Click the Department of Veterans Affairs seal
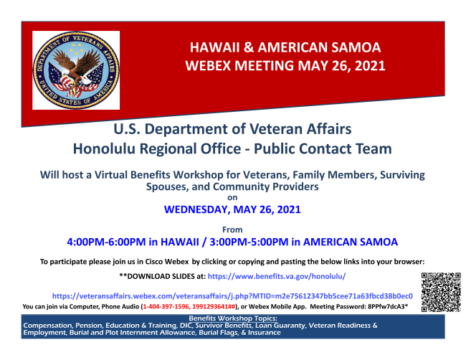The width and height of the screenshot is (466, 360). [76, 70]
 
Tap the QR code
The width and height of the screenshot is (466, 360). [441, 292]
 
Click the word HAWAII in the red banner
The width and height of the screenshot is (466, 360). [214, 47]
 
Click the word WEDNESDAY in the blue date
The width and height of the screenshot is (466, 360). [196, 209]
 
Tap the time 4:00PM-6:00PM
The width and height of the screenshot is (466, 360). [106, 242]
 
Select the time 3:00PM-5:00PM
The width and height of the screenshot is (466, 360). [249, 242]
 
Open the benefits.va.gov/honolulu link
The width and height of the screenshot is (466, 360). [277, 277]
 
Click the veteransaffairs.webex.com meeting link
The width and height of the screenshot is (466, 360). [232, 296]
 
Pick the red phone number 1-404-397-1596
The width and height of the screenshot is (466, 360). [166, 306]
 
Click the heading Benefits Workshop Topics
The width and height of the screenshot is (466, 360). [233, 318]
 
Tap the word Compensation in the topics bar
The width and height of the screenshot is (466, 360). [47, 326]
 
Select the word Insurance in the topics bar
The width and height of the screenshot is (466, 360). [265, 333]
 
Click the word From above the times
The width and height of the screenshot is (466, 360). [232, 229]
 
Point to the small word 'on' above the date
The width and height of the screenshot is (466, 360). [232, 198]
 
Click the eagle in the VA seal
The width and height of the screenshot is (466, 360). [77, 69]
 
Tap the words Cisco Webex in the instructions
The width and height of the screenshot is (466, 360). [167, 262]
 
